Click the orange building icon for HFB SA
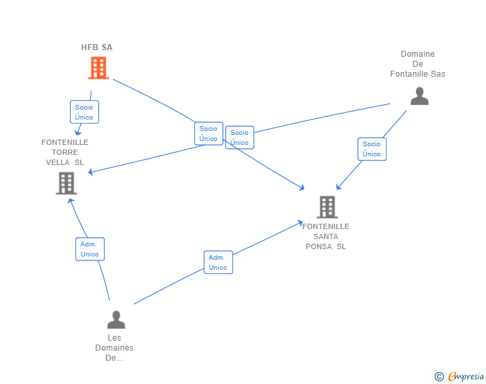pos(98,67)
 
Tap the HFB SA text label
pos(97,47)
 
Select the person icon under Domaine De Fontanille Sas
pos(419,96)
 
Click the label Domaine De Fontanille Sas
pos(417,64)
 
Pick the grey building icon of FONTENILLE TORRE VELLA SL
pos(66,183)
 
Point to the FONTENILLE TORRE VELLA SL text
pos(65,152)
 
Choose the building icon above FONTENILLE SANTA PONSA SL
pos(327,207)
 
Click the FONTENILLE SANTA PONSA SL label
pos(326,236)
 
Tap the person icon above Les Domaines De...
pos(116,319)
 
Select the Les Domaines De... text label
pos(114,348)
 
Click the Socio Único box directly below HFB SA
pos(84,112)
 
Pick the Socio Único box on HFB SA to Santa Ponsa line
pos(208,134)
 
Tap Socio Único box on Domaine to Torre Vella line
pos(240,138)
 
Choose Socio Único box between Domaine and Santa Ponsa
pos(372,149)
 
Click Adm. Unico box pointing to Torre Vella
pos(90,249)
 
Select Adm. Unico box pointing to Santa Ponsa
pos(218,262)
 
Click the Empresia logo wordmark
pos(466,376)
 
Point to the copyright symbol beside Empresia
pos(439,377)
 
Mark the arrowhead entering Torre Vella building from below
pos(71,201)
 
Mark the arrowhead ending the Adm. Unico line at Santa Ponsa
pos(300,222)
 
